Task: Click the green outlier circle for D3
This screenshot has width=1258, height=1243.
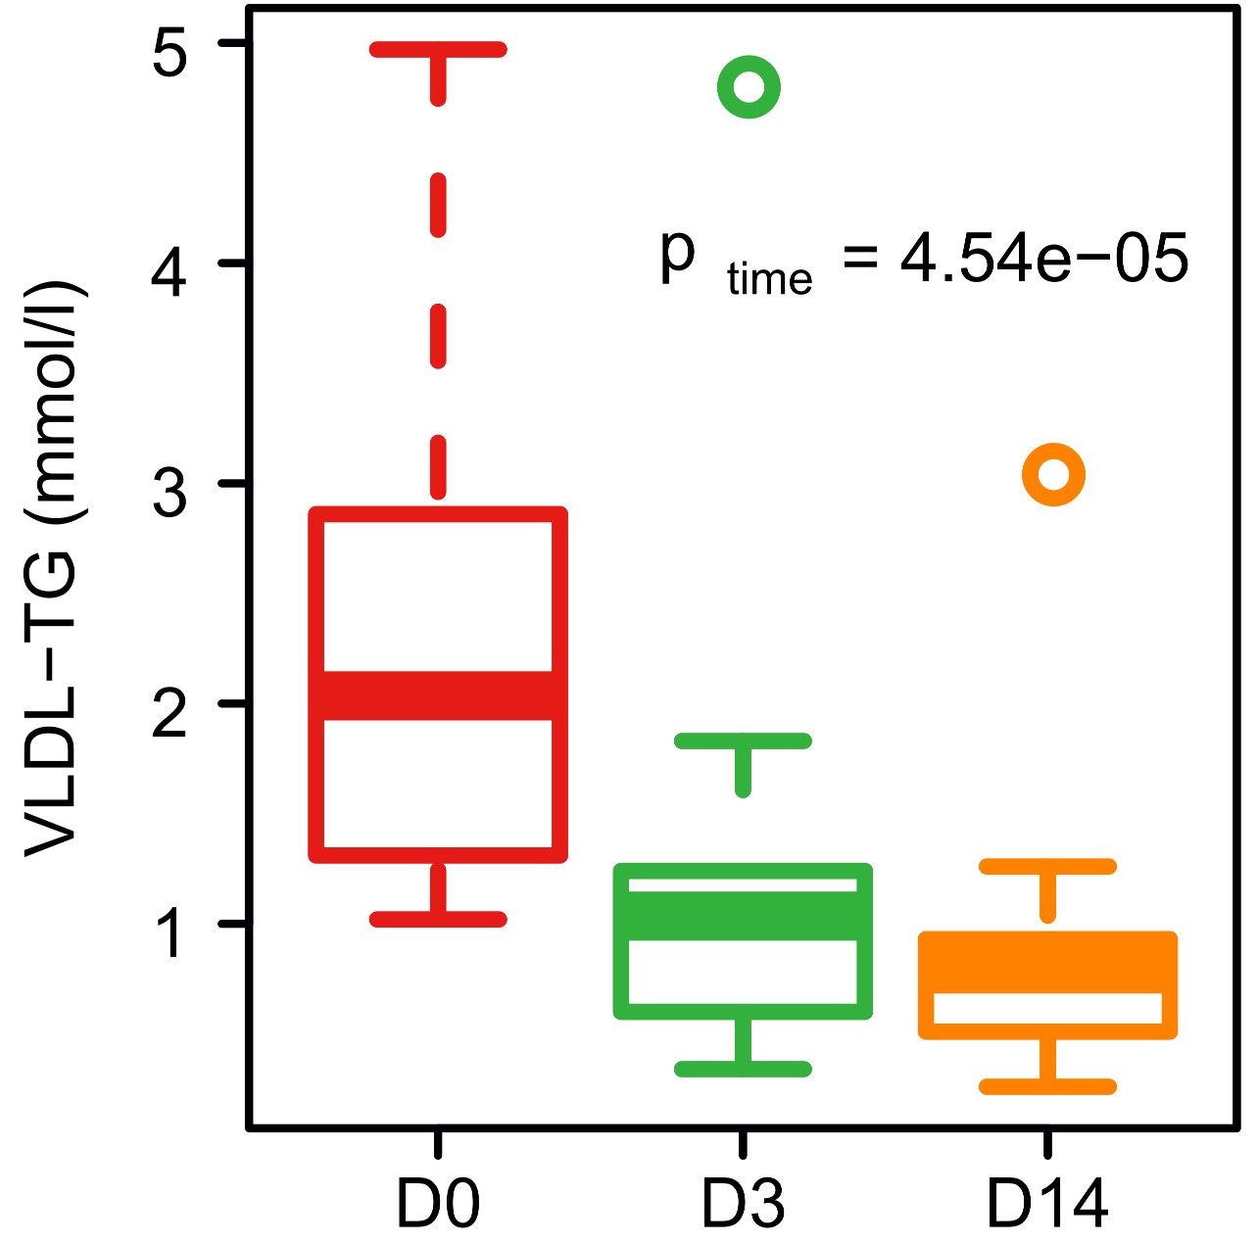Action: (749, 87)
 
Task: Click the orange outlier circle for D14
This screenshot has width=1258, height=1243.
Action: (1053, 475)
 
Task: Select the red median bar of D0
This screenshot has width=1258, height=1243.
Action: (438, 695)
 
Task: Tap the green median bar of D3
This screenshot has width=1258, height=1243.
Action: (743, 916)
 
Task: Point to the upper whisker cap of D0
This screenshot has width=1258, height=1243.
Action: (438, 50)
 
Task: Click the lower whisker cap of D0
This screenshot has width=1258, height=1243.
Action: (438, 919)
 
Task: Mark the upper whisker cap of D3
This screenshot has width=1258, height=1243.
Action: (743, 741)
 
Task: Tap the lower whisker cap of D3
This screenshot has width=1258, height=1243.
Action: (743, 1069)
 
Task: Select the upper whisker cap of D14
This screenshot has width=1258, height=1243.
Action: (1047, 867)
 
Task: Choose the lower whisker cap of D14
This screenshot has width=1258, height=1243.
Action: (1047, 1086)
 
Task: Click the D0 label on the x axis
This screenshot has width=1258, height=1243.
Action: (438, 1204)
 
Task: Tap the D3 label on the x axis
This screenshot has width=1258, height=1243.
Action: (743, 1204)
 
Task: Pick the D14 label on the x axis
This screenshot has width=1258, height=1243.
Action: (1047, 1204)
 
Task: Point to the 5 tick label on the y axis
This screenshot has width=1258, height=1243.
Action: (169, 54)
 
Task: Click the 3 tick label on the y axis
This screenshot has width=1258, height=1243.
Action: (169, 494)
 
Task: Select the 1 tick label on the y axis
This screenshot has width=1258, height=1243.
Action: (169, 933)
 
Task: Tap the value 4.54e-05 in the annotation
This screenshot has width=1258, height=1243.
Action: (1043, 260)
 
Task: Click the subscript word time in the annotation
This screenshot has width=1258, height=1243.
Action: (769, 279)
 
